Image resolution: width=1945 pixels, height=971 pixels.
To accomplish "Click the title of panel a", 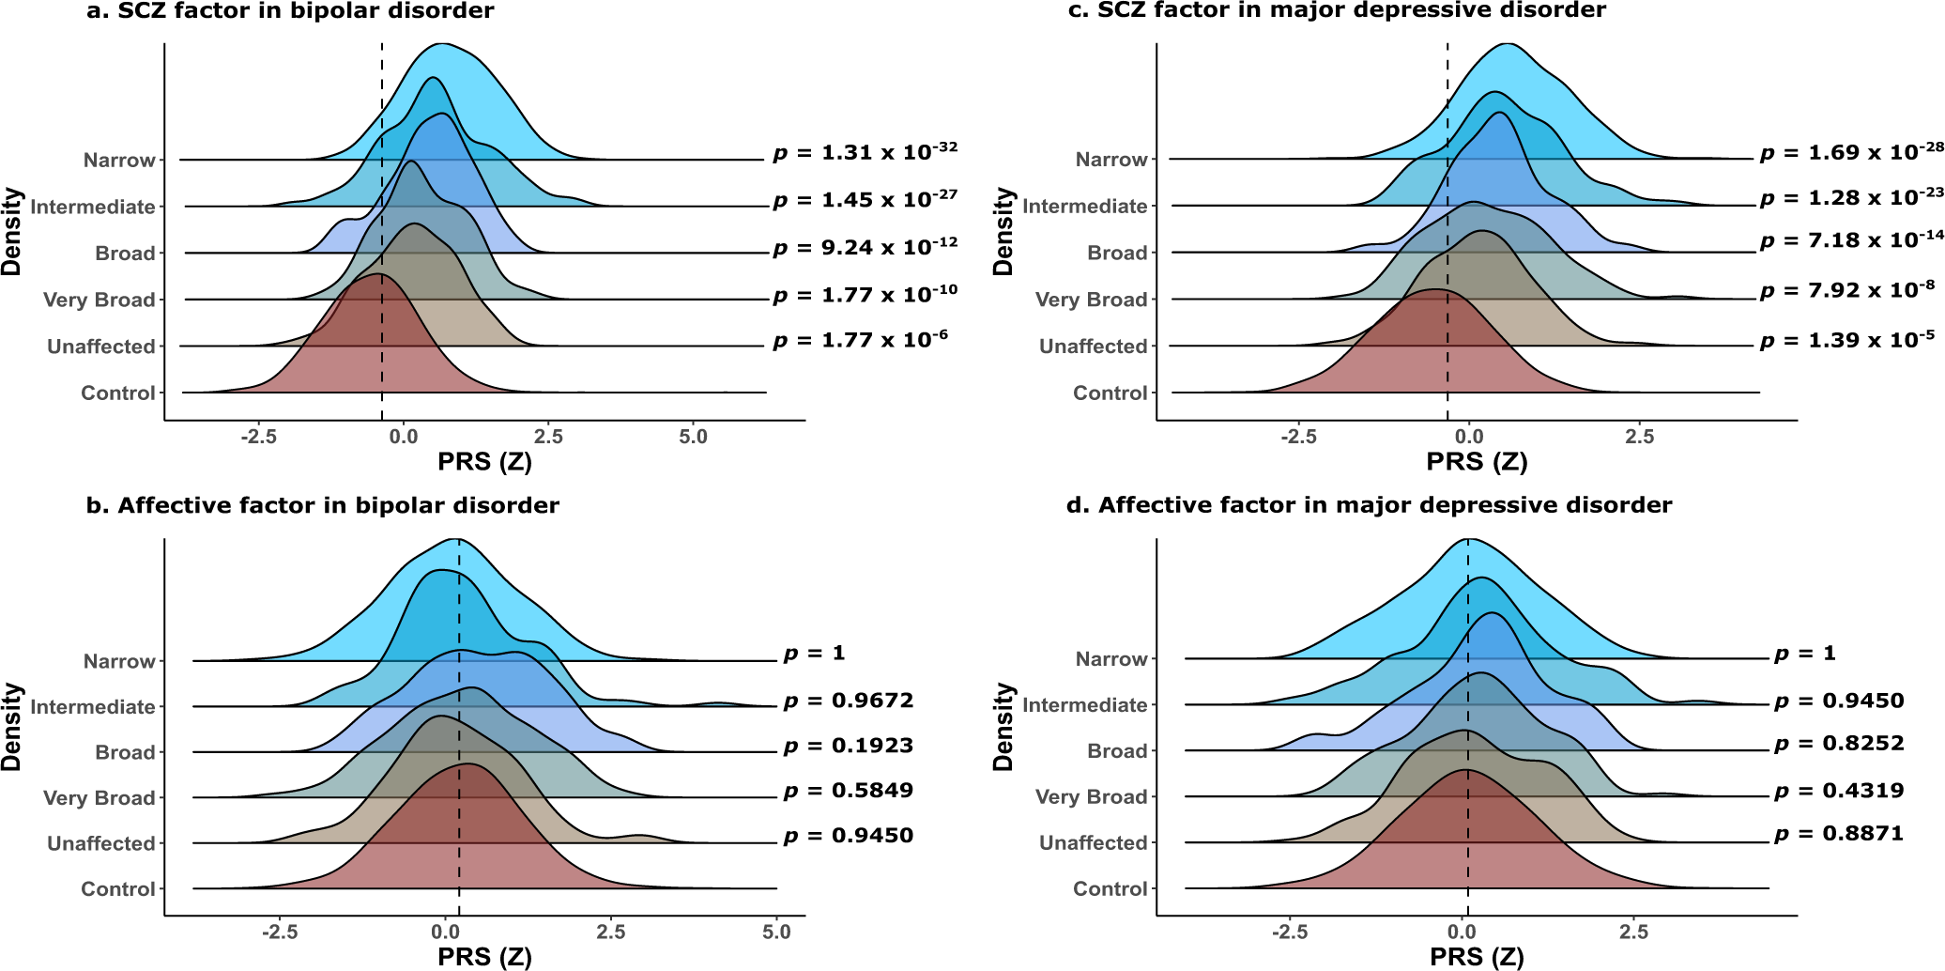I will (x=290, y=11).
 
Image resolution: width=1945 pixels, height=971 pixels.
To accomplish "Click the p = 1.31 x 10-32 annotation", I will (x=865, y=151).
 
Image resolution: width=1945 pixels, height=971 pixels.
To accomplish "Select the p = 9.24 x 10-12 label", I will (x=865, y=248).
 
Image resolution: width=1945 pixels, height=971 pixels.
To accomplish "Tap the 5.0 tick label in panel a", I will (x=693, y=437).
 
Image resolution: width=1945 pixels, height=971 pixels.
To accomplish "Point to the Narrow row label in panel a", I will (x=119, y=160).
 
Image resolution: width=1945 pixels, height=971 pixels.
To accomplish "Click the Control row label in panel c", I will (x=1110, y=393).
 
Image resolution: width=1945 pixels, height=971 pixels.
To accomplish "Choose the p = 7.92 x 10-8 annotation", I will (x=1846, y=290).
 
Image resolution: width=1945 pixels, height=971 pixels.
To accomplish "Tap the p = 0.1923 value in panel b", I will (x=848, y=746).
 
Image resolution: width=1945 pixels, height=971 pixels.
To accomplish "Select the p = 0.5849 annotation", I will (x=848, y=791).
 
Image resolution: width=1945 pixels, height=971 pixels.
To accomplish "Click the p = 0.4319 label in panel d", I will (x=1839, y=791).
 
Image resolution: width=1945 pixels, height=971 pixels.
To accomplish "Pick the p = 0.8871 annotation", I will (x=1839, y=833).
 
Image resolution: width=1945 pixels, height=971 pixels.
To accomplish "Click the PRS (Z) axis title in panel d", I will (x=1477, y=957).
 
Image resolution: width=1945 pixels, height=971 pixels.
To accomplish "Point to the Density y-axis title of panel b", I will (x=12, y=727).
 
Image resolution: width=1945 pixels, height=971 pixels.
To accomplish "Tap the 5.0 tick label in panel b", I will (x=776, y=932).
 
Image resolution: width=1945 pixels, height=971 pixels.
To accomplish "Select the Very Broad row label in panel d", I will (x=1091, y=796).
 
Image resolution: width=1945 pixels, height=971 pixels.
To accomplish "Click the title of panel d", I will (x=1369, y=505).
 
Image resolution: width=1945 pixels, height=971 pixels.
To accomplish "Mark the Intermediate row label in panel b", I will (x=92, y=706).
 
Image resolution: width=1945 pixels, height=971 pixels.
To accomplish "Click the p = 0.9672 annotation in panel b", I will (x=848, y=701).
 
